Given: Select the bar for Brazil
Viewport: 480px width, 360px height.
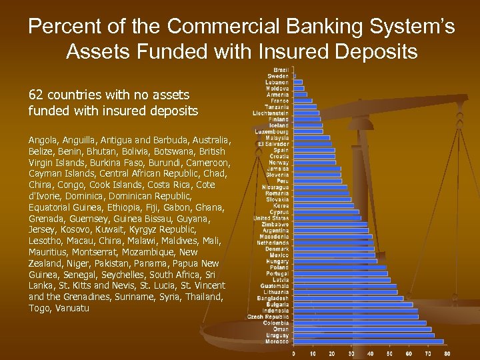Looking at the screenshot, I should point(294,70).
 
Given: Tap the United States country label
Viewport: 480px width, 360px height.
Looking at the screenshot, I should point(271,218).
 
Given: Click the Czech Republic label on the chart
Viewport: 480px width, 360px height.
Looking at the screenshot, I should point(268,317).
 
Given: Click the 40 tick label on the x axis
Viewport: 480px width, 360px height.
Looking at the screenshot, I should point(370,353).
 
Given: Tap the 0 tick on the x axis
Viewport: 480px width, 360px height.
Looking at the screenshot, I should point(293,353).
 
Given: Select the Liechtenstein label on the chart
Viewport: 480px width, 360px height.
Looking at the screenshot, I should point(271,113).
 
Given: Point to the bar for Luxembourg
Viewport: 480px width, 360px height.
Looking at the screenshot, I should point(308,131).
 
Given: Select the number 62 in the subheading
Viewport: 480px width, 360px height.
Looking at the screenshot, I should point(35,95).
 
